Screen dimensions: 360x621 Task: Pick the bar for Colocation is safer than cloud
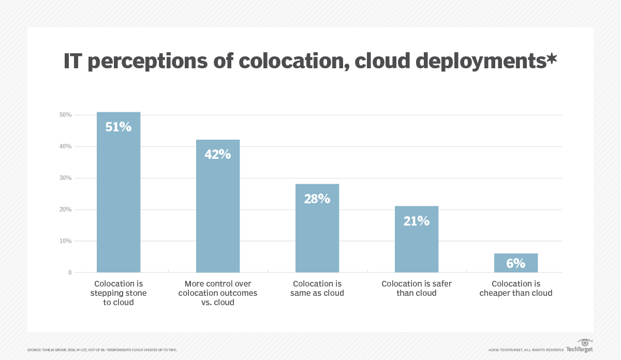click(x=417, y=243)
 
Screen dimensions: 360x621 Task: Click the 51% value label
click(x=119, y=127)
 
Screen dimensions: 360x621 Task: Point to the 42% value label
click(x=218, y=154)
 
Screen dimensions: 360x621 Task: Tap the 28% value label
click(x=317, y=199)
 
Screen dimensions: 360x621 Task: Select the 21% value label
click(x=417, y=221)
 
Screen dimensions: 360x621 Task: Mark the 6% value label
click(x=516, y=263)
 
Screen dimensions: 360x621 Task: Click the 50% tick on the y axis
click(x=65, y=115)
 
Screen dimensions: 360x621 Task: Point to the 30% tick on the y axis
click(x=65, y=178)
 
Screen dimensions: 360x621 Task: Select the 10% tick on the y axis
click(x=65, y=241)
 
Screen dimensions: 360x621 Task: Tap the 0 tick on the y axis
click(x=69, y=273)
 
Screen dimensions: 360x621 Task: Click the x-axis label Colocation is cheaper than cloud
click(x=516, y=289)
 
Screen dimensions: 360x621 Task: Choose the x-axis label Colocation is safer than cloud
click(x=417, y=289)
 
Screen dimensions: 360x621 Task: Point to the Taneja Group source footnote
click(x=102, y=350)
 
